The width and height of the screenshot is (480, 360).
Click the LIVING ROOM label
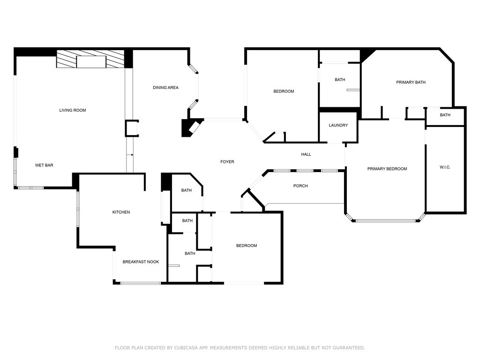point(73,110)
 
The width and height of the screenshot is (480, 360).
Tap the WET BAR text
point(44,165)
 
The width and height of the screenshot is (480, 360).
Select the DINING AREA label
point(165,88)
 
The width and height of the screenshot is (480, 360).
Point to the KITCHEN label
point(121,212)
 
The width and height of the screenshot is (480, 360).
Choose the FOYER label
point(227,162)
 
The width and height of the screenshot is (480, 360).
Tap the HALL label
point(306,154)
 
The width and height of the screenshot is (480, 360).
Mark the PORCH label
point(300,186)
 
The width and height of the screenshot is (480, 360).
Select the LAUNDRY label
point(338,125)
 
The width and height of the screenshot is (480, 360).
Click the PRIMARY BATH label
point(411,82)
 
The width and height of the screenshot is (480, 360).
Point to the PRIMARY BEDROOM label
point(387,169)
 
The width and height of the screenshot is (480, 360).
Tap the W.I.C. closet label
point(445,167)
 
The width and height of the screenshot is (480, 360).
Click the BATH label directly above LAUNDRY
point(340,80)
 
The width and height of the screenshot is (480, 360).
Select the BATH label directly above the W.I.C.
point(445,115)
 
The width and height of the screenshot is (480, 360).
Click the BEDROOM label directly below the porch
point(247,246)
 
